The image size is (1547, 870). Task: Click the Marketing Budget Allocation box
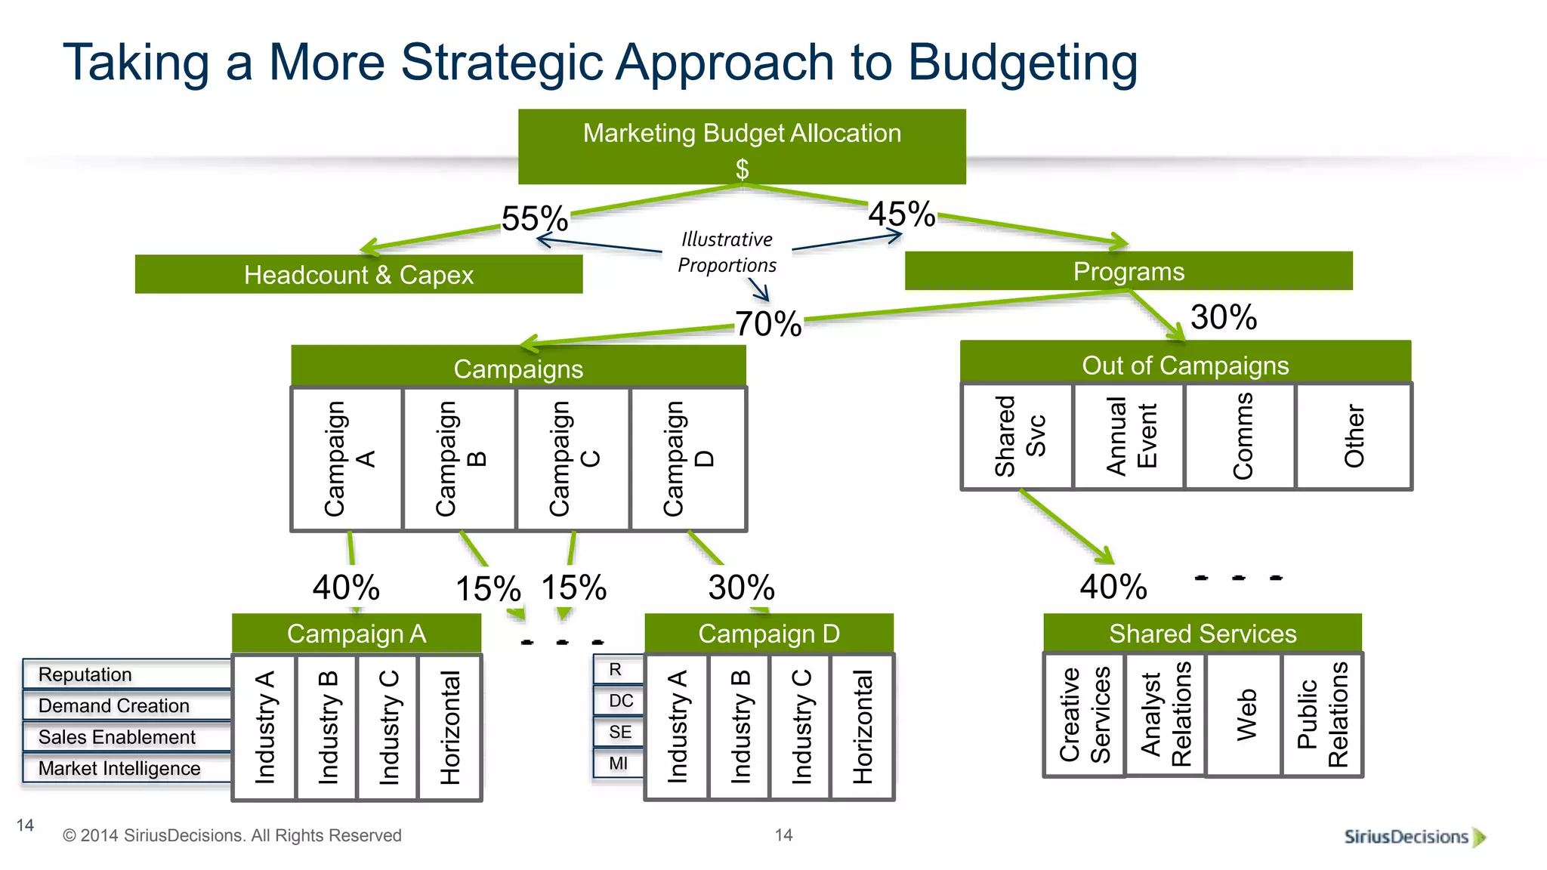742,147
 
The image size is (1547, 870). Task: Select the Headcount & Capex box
359,274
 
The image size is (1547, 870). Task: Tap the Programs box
1129,271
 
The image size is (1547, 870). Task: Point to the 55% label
535,219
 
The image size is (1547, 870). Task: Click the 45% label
902,214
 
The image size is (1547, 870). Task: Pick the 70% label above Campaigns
768,324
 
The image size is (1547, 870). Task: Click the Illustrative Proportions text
727,252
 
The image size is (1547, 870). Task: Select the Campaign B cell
460,458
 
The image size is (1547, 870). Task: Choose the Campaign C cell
573,458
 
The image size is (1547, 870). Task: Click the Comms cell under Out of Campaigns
1241,437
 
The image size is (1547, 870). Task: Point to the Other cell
1354,437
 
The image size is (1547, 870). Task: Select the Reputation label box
126,674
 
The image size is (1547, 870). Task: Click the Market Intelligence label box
126,768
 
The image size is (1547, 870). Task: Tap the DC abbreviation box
620,701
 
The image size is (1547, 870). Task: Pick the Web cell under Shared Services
1245,714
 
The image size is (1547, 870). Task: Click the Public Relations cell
1323,714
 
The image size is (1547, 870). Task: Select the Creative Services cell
1085,714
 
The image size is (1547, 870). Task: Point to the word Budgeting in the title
1023,62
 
